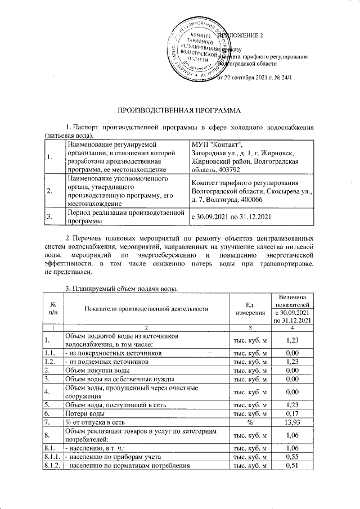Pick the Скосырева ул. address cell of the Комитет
click(251, 191)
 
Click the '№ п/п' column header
click(53, 308)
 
